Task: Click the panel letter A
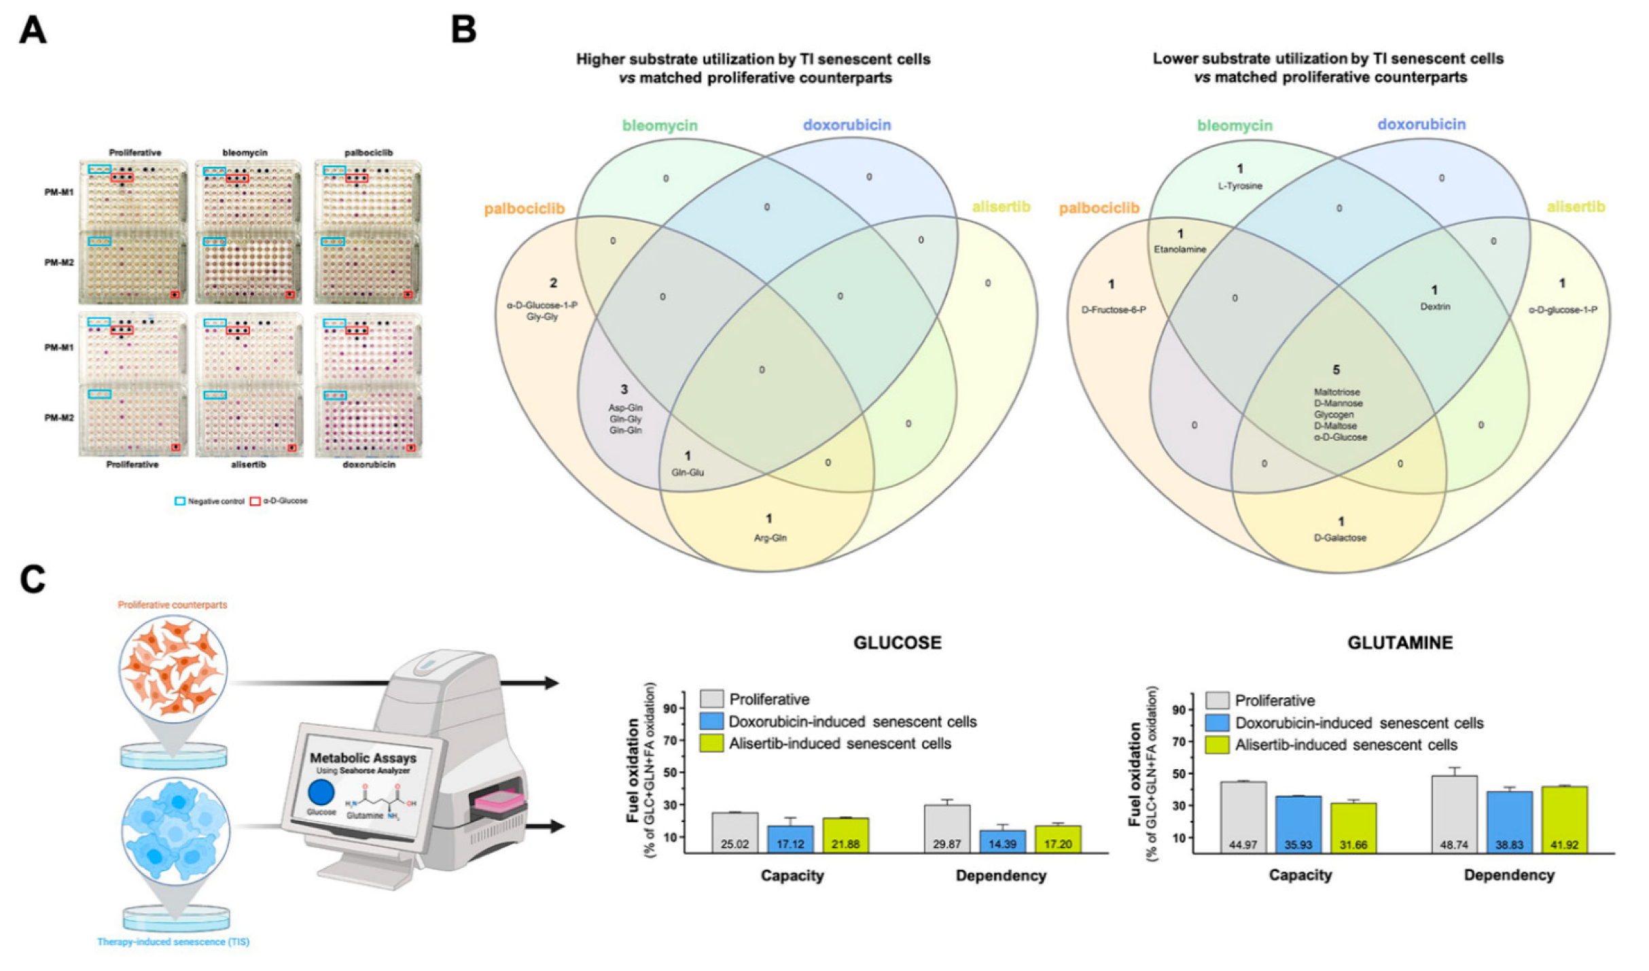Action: point(33,31)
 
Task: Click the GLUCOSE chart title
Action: point(897,643)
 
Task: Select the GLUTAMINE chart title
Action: point(1400,643)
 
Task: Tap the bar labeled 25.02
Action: point(734,833)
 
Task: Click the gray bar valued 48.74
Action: point(1454,814)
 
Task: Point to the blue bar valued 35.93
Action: point(1298,824)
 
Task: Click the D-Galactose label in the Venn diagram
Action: point(1340,538)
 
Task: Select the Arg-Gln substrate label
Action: point(770,538)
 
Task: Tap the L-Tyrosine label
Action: point(1240,186)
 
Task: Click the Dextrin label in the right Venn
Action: point(1435,307)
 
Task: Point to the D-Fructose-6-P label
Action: point(1114,311)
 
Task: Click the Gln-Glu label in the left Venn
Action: point(688,472)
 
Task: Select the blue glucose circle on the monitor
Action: point(321,792)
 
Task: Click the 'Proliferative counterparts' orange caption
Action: point(173,605)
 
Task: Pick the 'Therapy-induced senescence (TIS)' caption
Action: point(173,942)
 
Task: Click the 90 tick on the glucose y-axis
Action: point(670,709)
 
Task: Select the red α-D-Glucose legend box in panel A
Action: point(255,501)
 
